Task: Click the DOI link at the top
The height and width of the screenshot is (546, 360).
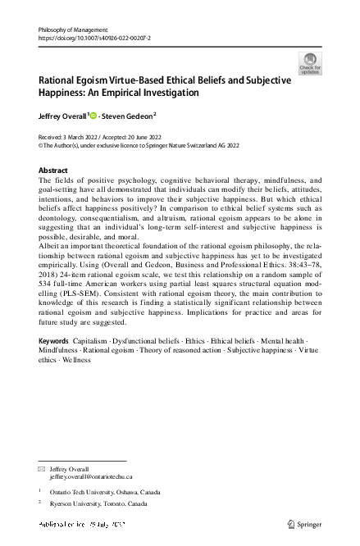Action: [x=94, y=38]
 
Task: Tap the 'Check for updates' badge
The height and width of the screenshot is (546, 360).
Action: [x=311, y=63]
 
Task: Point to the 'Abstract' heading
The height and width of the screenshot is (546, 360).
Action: [x=54, y=170]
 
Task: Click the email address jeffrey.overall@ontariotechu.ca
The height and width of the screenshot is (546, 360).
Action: [x=91, y=476]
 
